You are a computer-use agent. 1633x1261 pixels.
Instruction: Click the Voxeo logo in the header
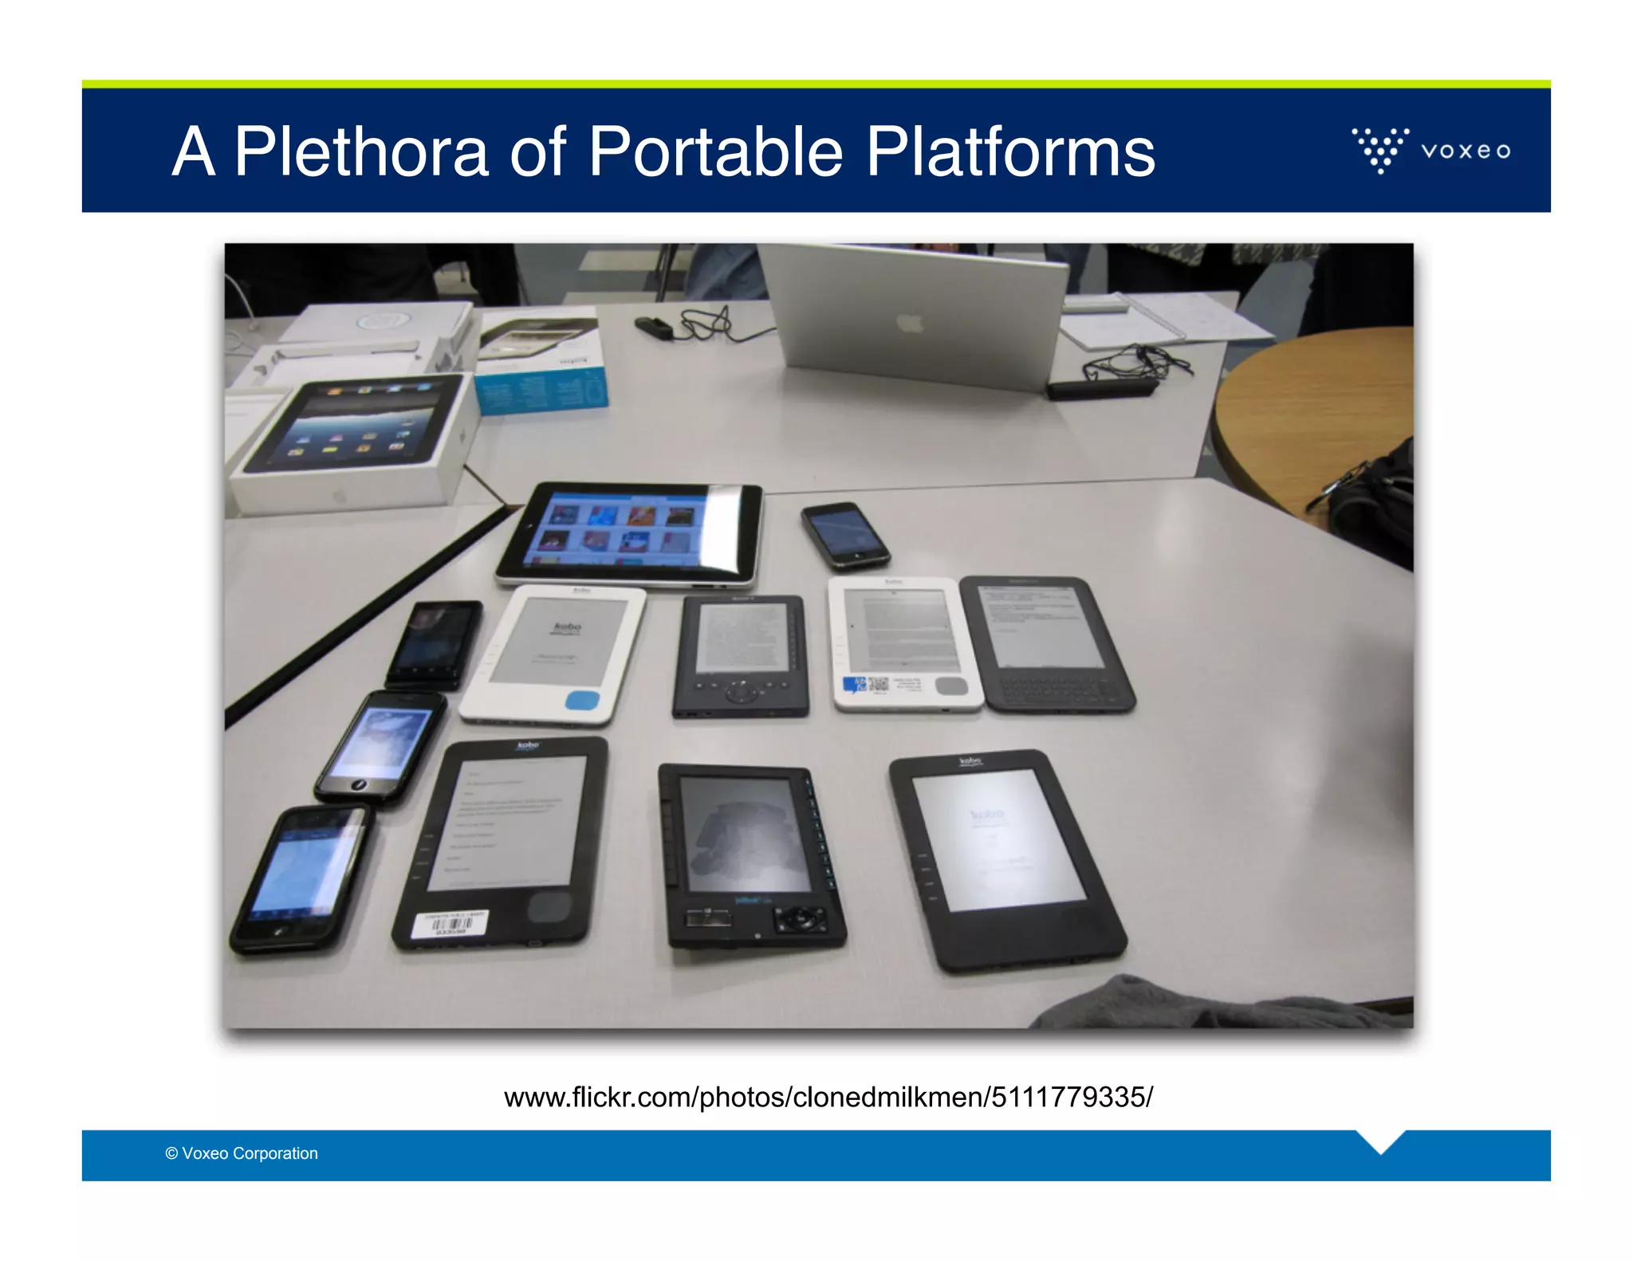coord(1430,150)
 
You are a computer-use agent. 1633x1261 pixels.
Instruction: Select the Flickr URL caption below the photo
coord(828,1097)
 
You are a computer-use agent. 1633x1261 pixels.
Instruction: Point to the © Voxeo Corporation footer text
coord(242,1153)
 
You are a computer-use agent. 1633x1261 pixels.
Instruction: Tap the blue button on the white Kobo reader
coord(582,701)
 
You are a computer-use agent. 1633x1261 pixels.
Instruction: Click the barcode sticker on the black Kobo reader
coord(451,925)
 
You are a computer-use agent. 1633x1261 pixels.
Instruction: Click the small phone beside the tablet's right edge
coord(844,535)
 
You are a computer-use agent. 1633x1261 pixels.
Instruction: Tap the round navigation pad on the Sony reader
coord(742,692)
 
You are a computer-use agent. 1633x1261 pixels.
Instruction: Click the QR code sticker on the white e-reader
coord(877,684)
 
